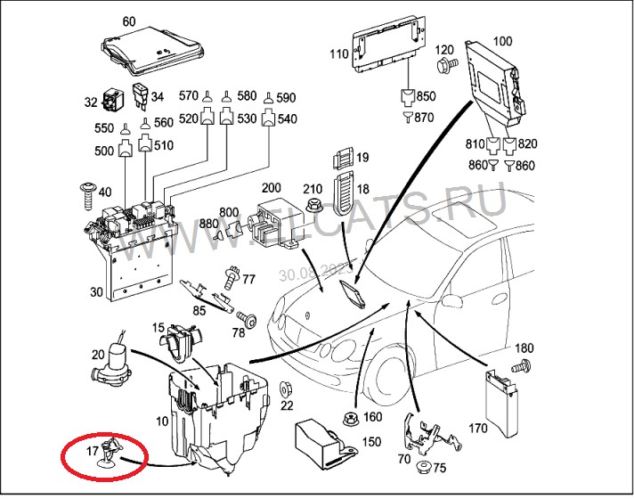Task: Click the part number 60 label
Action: tap(128, 21)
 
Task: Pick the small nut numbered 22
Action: tap(286, 389)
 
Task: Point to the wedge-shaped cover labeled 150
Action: tap(321, 442)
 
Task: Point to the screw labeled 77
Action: tap(230, 280)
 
